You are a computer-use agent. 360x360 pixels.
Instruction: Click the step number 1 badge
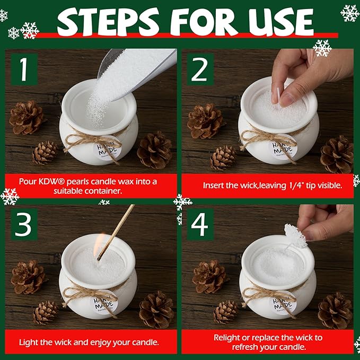(24, 69)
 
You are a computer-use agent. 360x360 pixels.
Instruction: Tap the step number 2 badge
(200, 69)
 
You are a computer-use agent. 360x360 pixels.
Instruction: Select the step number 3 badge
(24, 224)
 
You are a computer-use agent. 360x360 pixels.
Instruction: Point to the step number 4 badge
(200, 224)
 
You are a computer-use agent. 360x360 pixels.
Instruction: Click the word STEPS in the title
(108, 22)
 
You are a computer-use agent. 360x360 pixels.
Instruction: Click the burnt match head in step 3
(99, 258)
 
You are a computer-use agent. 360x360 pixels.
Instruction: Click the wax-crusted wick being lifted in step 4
(295, 236)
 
